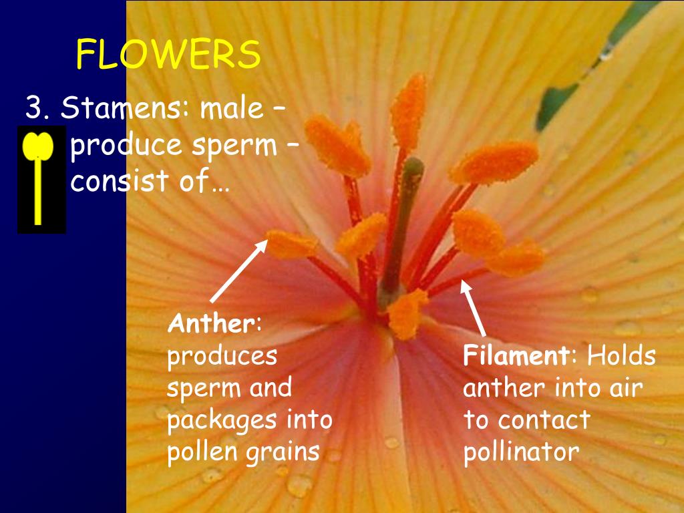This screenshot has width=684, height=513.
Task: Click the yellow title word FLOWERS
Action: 168,55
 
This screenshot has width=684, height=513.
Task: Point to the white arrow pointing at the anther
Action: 238,271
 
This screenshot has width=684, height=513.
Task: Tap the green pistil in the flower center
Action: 405,220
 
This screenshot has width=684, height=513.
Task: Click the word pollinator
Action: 521,453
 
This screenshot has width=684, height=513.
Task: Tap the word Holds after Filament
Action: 621,356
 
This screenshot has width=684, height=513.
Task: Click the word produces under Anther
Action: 222,357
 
